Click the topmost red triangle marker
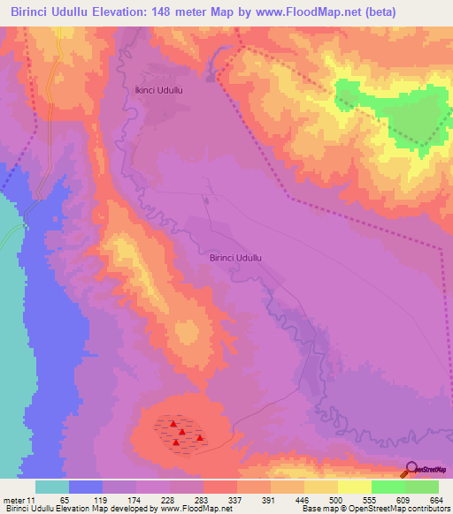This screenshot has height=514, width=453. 174,424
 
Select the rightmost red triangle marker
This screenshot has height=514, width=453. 200,437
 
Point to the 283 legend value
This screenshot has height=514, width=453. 203,500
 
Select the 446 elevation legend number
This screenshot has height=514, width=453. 303,500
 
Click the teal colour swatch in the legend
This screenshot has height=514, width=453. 52,487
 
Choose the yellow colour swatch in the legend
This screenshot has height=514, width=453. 321,487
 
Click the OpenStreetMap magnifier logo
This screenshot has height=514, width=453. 411,469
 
